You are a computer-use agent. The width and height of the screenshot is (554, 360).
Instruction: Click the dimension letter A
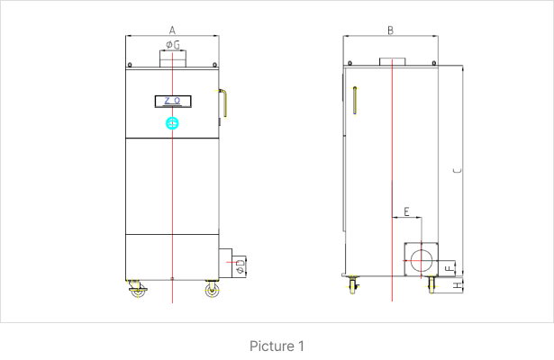[x=172, y=31]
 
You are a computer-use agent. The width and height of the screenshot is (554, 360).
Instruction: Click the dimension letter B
[x=390, y=31]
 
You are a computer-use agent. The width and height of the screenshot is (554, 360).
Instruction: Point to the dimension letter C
[x=458, y=171]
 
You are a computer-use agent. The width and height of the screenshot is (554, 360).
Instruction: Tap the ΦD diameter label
[x=240, y=266]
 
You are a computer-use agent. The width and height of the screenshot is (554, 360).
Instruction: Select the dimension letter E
[x=406, y=211]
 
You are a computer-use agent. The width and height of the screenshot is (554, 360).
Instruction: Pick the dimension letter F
[x=450, y=268]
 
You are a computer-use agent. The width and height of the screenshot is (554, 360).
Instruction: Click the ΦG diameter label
[x=173, y=45]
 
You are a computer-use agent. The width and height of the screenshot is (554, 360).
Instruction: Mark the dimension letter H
[x=458, y=285]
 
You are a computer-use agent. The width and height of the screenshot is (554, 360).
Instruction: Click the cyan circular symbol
[x=172, y=123]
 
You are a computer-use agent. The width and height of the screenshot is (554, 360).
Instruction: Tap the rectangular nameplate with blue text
[x=173, y=102]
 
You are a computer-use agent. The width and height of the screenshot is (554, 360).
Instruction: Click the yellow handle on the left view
[x=223, y=103]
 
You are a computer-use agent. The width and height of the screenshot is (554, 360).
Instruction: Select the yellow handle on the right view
[x=355, y=100]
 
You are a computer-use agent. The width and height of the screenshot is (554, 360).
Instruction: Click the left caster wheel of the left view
[x=138, y=289]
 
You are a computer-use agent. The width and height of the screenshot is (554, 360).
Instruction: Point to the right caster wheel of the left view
[x=212, y=289]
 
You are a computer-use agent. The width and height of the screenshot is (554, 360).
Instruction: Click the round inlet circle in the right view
[x=422, y=260]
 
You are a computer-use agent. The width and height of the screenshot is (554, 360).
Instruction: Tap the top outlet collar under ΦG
[x=173, y=58]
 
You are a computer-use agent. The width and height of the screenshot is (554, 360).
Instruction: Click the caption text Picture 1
[x=277, y=346]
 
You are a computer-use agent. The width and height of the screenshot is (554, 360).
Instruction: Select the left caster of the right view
[x=353, y=284]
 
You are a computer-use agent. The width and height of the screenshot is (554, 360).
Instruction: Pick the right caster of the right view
[x=431, y=284]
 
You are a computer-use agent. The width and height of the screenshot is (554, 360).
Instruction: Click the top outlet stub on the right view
[x=393, y=62]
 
